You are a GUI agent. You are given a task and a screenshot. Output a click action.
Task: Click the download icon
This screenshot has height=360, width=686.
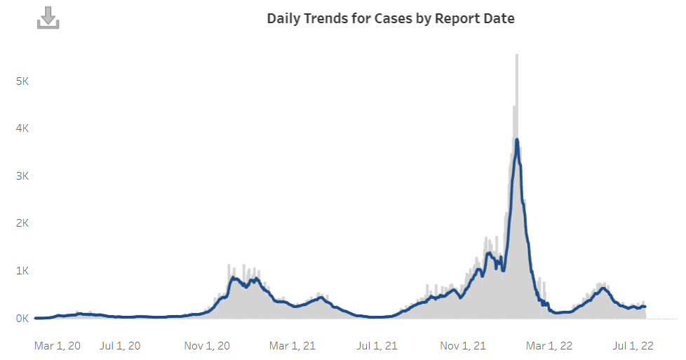click(x=48, y=18)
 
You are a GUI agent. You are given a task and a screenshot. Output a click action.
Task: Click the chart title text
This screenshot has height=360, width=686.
click(x=391, y=19)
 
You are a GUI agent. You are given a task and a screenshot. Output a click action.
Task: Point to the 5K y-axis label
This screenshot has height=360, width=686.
click(x=22, y=81)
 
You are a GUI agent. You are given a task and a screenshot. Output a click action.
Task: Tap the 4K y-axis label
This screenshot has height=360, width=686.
click(x=22, y=128)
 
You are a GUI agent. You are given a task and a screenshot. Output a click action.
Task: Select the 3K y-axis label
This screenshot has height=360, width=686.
click(x=22, y=175)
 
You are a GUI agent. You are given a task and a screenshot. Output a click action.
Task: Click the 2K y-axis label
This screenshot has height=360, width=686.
click(x=22, y=223)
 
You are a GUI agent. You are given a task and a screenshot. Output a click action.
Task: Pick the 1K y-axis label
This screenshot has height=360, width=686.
click(x=22, y=271)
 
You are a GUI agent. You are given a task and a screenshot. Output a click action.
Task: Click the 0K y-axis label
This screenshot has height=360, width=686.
click(x=22, y=319)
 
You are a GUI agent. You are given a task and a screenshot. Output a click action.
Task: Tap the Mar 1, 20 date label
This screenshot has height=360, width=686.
click(x=58, y=346)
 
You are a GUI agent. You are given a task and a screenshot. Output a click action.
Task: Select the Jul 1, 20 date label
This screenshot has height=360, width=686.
click(x=121, y=346)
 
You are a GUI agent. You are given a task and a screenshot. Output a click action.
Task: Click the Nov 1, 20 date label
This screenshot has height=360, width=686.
click(x=208, y=346)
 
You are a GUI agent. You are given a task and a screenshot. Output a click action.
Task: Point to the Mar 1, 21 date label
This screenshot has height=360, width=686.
click(x=292, y=346)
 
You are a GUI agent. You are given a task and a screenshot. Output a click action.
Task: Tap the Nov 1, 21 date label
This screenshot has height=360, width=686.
click(x=463, y=346)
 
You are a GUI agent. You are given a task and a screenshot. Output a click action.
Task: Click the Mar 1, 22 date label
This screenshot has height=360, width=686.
click(x=550, y=346)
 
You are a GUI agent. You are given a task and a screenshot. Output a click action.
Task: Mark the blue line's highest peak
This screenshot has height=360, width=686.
click(x=517, y=140)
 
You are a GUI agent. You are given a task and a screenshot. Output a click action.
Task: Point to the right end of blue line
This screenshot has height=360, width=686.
click(x=645, y=307)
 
